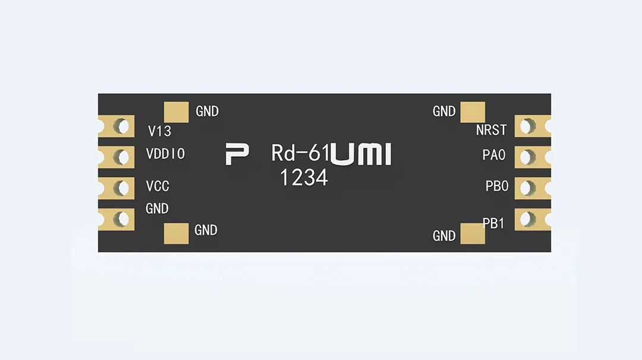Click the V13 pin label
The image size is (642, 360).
160,131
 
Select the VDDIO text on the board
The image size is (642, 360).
165,154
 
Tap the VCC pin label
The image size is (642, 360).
158,186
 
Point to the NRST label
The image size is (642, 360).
491,130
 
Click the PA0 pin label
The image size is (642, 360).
493,156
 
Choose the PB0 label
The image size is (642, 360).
497,186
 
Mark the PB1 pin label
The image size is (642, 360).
493,224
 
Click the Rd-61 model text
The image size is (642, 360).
300,153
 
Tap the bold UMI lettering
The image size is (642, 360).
361,154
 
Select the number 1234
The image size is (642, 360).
304,177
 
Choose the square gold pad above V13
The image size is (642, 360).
176,112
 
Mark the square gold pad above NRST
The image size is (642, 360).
473,112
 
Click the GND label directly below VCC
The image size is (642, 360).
157,209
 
